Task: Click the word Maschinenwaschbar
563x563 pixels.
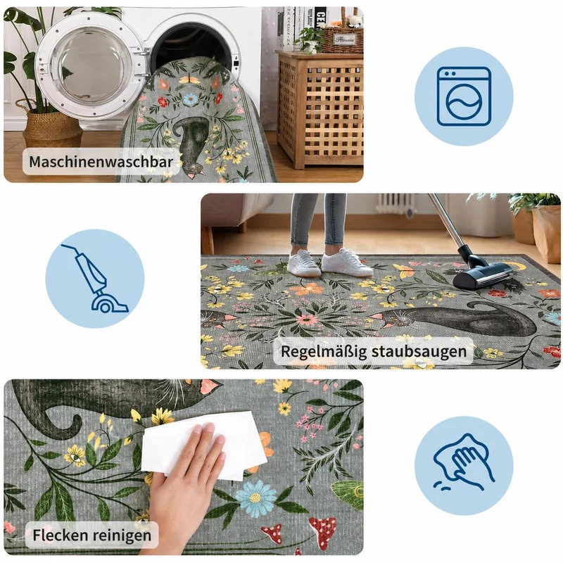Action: click(x=101, y=162)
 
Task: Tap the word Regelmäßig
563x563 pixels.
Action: click(x=322, y=351)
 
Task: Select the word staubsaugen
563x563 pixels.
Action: click(x=419, y=351)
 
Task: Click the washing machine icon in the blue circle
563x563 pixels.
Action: click(x=464, y=96)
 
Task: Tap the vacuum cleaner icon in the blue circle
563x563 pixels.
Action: click(x=95, y=278)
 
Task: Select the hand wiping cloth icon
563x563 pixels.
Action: click(x=464, y=462)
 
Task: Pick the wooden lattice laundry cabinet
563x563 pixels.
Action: click(x=320, y=110)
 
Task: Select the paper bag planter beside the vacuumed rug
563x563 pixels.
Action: click(x=547, y=234)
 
